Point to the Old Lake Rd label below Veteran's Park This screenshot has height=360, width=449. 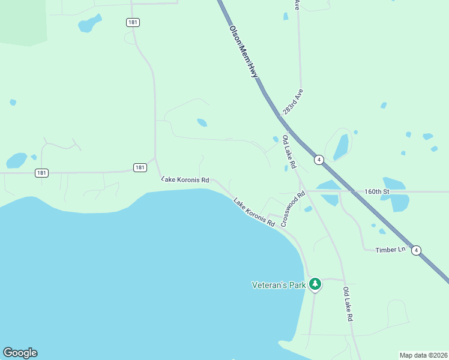coord(347,304)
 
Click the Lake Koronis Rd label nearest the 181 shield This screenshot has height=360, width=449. coord(185,179)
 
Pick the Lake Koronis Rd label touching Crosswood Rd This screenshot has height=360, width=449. coord(254,212)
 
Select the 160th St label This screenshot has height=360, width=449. coord(377,191)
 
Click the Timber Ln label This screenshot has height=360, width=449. coord(390,250)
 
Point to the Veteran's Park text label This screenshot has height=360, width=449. coord(279,284)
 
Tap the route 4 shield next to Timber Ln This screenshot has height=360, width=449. coord(417,250)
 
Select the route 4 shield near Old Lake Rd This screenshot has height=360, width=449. coord(319,160)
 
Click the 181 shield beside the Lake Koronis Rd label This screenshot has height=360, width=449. coord(140,167)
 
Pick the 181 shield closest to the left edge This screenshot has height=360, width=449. coord(41,173)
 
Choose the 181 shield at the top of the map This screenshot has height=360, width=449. coord(133,22)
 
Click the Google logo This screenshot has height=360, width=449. coord(20,353)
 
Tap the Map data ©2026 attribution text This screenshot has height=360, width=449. coord(423,355)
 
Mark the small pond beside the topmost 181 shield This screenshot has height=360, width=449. coord(89,24)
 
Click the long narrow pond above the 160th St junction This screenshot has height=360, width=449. coord(341,147)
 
